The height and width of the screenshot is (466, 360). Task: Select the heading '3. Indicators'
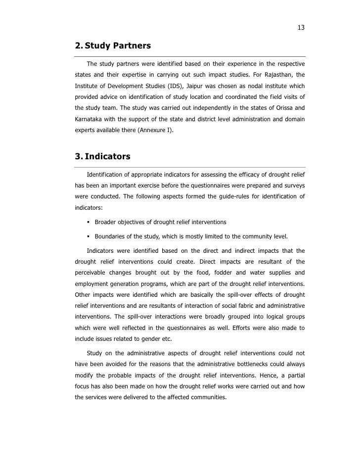click(102, 157)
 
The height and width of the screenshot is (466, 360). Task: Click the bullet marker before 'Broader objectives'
click(89, 222)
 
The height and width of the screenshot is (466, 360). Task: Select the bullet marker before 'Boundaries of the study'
click(89, 235)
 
